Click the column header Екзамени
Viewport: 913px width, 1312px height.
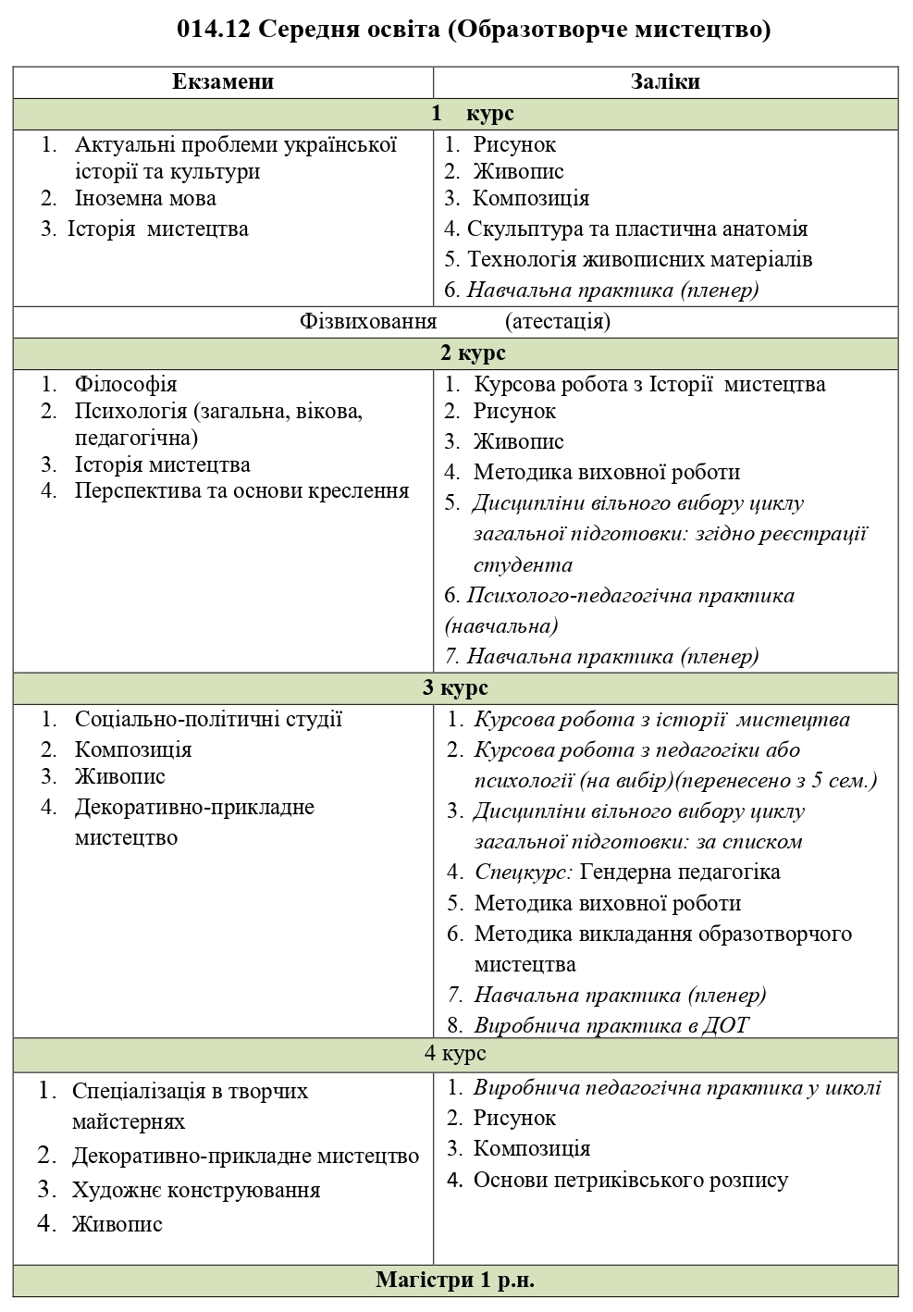223,81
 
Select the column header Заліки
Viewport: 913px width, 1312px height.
665,81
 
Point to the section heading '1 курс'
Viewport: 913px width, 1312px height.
473,114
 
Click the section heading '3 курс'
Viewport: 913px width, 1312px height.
455,687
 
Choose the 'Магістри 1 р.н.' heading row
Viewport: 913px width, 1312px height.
455,1281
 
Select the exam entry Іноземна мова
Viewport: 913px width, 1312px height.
145,198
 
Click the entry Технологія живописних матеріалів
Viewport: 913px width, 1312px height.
639,259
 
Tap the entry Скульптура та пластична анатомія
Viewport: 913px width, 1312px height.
637,229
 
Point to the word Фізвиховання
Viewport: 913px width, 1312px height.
368,321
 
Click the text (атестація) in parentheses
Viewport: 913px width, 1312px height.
558,321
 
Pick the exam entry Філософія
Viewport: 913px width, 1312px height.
126,383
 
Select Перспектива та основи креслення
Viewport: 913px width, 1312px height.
241,490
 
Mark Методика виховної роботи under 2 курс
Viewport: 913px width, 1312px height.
607,472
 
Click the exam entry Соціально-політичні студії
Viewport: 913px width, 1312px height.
208,719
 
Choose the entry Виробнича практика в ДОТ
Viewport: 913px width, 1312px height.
611,1025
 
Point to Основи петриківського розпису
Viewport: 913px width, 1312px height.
631,1180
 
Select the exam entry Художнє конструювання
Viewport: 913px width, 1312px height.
196,1190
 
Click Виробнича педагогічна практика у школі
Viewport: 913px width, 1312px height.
677,1088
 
